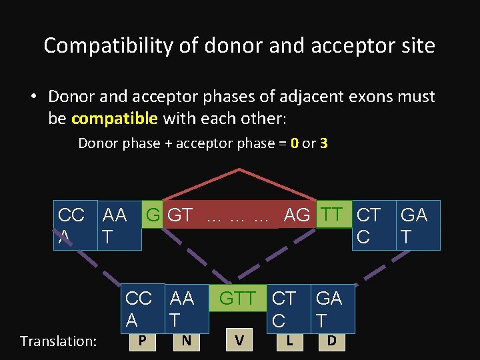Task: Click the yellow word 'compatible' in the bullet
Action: (114, 119)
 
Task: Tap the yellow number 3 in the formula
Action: (323, 143)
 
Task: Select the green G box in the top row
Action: (153, 215)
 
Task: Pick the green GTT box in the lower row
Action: (238, 299)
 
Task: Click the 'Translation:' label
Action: (58, 341)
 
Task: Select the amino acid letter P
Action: (143, 341)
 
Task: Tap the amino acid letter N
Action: (187, 341)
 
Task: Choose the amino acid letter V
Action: (239, 341)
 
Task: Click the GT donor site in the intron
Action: (180, 215)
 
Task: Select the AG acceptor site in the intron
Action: (297, 215)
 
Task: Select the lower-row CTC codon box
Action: (284, 309)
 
